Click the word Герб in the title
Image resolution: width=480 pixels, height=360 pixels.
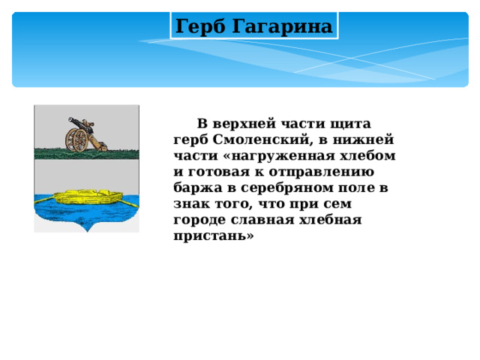(200, 27)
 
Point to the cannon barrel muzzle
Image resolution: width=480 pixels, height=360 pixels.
(69, 120)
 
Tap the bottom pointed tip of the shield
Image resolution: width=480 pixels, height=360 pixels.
(87, 229)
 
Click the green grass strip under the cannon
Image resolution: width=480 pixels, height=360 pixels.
(86, 153)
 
